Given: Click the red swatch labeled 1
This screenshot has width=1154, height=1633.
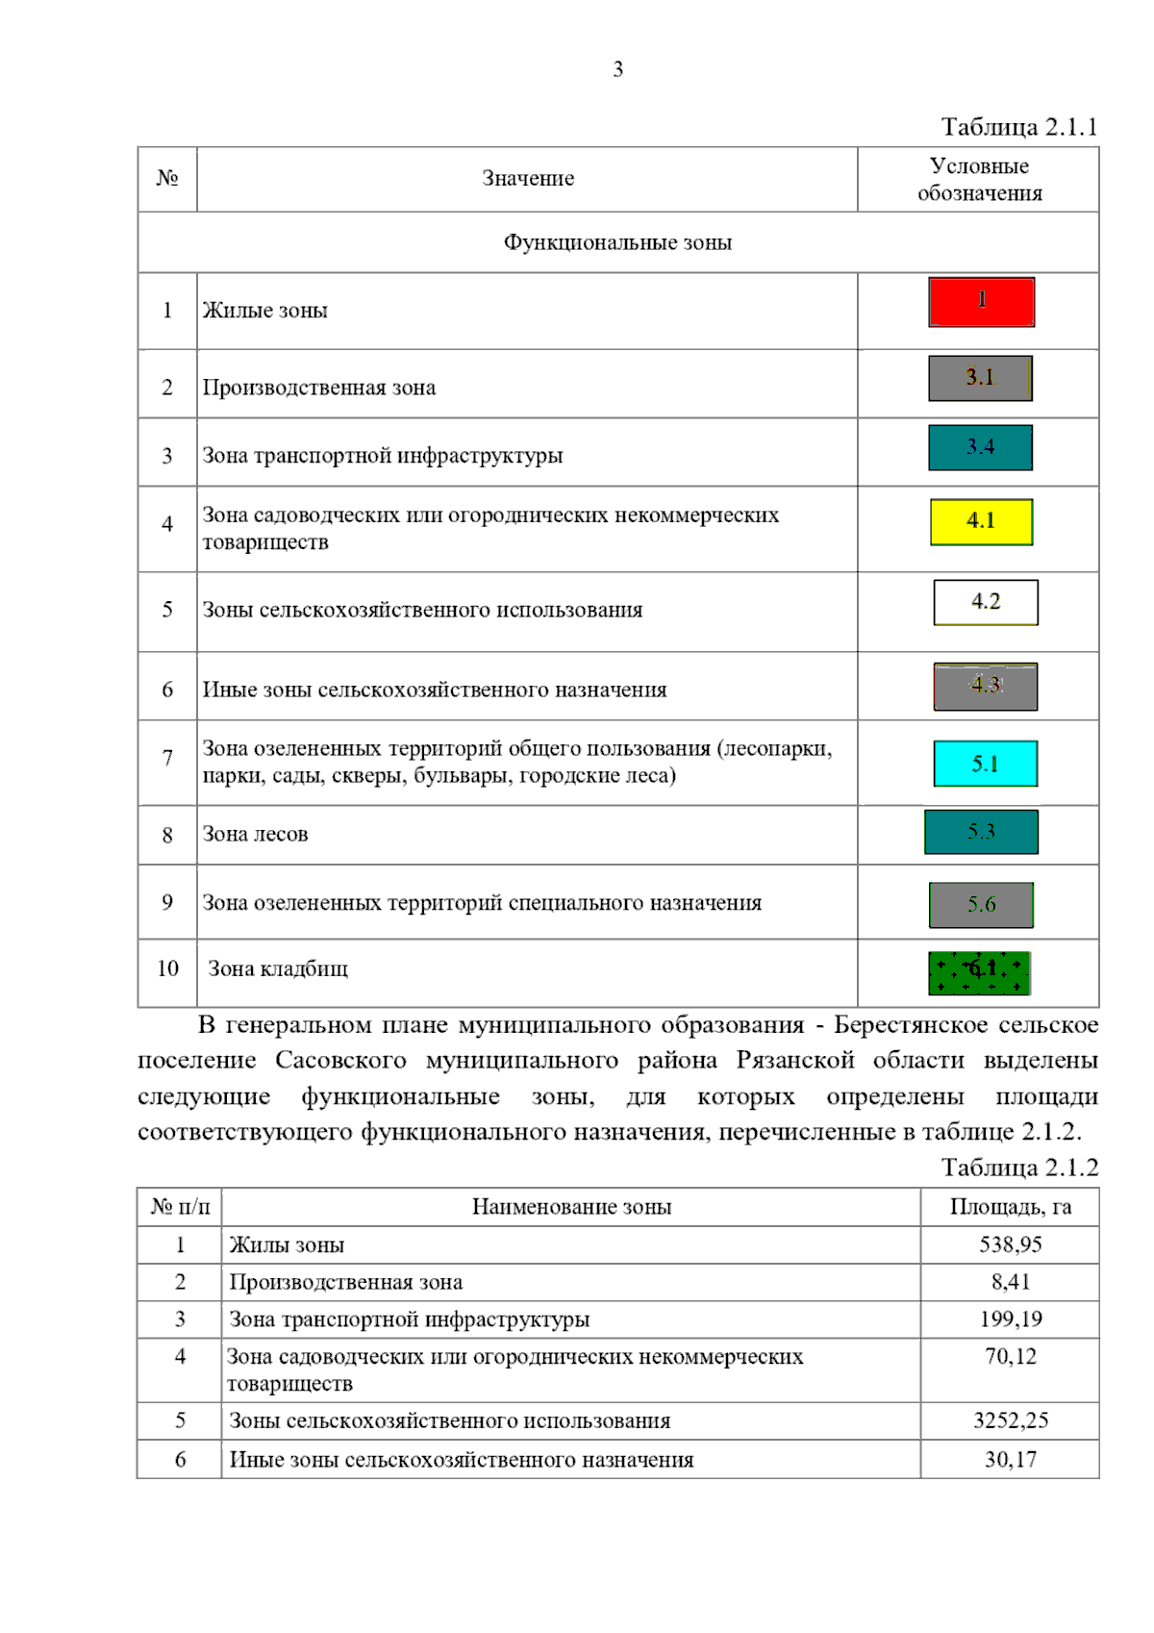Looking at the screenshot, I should (981, 302).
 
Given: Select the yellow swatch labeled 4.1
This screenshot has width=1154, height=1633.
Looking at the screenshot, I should (981, 521).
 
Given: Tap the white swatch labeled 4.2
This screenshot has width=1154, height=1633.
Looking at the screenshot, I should (986, 602).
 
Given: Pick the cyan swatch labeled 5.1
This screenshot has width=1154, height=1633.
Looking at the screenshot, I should (986, 764).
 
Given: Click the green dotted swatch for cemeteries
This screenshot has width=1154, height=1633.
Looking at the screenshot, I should (979, 972).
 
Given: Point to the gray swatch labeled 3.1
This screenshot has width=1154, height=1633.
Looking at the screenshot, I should (980, 378).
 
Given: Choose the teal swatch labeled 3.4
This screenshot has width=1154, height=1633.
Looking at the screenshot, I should (980, 447).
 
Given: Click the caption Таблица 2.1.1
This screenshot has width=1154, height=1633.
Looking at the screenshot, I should (1018, 127).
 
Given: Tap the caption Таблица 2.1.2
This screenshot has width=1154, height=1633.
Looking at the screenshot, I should (1018, 1168).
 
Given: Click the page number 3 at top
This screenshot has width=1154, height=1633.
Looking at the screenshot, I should (617, 69).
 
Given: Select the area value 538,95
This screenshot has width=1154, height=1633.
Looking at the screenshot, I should (1010, 1244).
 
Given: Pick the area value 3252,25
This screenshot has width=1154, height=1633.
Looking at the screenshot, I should (1010, 1420).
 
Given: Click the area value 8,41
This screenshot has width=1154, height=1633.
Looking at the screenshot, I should (1010, 1282).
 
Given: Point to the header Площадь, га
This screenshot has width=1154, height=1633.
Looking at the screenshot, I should (1010, 1207).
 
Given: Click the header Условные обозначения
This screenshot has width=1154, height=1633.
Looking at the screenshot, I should (979, 180).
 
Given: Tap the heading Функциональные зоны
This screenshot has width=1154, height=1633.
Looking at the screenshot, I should (617, 242).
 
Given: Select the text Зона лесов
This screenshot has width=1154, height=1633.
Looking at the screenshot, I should (255, 835).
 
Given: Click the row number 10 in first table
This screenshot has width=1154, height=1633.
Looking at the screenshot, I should (167, 968).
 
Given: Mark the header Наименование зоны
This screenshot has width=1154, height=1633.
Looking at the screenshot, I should (571, 1207).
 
